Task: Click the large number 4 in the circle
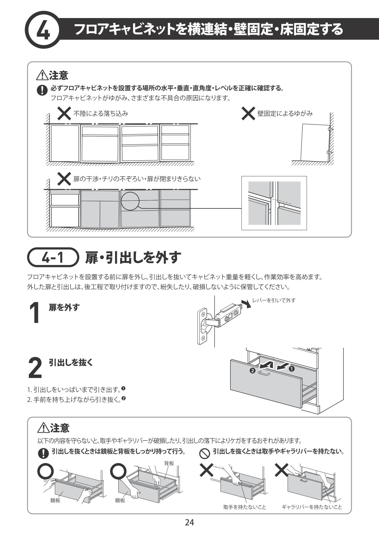[43, 31]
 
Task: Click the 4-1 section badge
[52, 258]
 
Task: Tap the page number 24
[189, 522]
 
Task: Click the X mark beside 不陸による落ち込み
[64, 114]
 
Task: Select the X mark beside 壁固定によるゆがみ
[248, 114]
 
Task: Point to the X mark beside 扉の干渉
[64, 179]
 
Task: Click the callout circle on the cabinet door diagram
[130, 201]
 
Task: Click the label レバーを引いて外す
[274, 300]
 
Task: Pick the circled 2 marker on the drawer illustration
[252, 371]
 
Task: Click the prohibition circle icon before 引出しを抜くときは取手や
[204, 453]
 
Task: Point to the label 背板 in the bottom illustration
[169, 463]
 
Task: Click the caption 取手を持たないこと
[245, 507]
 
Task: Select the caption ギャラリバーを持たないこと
[312, 507]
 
